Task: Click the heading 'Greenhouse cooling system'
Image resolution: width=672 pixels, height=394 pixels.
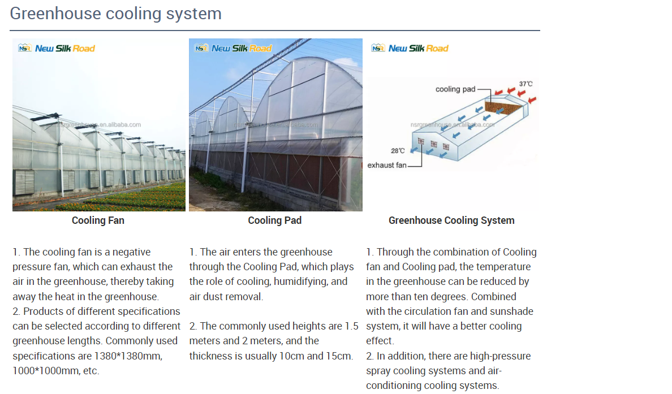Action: pos(115,14)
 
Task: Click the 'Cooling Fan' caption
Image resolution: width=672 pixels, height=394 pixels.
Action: pos(98,220)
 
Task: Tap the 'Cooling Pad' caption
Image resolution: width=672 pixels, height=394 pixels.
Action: pos(274,220)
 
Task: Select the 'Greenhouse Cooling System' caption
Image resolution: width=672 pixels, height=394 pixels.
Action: pos(451,220)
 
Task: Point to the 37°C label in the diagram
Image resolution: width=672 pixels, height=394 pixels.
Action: pos(525,84)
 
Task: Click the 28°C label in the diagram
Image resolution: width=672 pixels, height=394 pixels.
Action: pos(398,151)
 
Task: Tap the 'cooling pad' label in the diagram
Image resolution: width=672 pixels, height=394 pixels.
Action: pos(455,89)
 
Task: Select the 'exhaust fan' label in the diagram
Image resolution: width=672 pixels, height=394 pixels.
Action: pos(387,165)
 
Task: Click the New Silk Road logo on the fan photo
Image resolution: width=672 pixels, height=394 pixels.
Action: pos(57,48)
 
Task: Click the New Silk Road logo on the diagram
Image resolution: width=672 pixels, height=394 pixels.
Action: pos(410,48)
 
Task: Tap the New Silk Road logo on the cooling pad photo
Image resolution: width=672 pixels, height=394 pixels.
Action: pos(233,48)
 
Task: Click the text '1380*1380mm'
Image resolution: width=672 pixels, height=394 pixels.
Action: pos(128,356)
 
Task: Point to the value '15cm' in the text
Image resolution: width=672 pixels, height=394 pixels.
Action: pos(341,356)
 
